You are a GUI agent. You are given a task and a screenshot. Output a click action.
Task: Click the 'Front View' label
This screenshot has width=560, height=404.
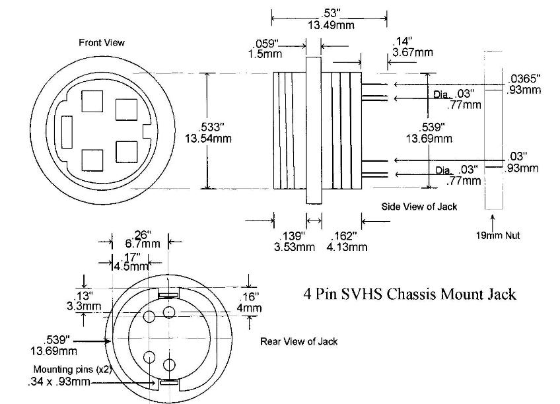(x=102, y=43)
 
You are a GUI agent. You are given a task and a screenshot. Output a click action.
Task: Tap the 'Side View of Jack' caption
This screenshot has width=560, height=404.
(x=419, y=207)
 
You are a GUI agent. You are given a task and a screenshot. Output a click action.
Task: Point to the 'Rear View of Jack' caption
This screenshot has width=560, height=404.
(x=298, y=341)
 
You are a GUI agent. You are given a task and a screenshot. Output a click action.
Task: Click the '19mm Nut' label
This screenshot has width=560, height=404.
(x=497, y=235)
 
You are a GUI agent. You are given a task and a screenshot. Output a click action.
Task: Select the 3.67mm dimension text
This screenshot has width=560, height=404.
(x=412, y=52)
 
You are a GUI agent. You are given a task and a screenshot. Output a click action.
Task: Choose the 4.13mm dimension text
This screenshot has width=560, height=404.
(x=347, y=247)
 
